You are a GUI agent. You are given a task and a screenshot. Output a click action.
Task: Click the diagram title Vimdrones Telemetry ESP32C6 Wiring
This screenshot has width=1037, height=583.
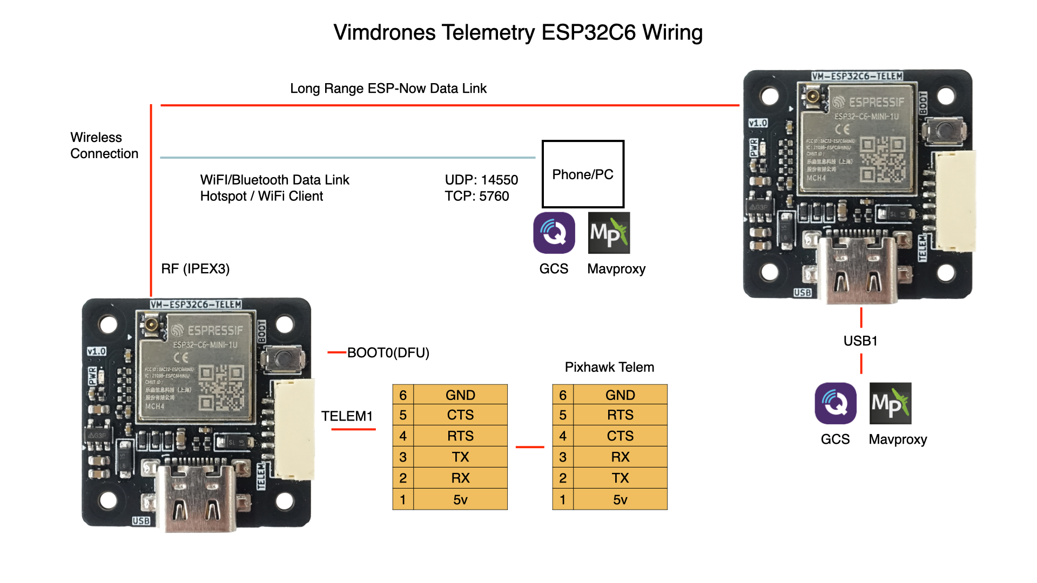pyautogui.click(x=517, y=32)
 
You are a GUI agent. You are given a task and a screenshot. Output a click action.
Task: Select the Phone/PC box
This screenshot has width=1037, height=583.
pyautogui.click(x=583, y=174)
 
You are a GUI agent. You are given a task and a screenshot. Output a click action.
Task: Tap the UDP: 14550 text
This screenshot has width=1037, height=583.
pyautogui.click(x=481, y=180)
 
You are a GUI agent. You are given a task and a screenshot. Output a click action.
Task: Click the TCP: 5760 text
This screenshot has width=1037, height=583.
pyautogui.click(x=476, y=196)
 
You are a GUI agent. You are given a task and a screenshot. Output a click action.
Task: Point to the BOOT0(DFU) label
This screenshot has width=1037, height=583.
pyautogui.click(x=388, y=352)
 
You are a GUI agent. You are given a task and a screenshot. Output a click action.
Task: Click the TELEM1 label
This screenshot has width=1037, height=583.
pyautogui.click(x=347, y=416)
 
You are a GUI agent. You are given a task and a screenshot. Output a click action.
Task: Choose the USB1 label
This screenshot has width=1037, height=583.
pyautogui.click(x=860, y=341)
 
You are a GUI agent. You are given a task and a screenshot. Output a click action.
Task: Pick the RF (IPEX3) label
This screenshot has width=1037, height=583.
pyautogui.click(x=195, y=269)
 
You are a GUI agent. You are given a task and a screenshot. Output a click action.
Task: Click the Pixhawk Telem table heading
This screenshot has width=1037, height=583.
pyautogui.click(x=609, y=367)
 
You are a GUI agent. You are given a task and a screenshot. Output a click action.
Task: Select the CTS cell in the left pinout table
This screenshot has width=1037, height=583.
pyautogui.click(x=460, y=415)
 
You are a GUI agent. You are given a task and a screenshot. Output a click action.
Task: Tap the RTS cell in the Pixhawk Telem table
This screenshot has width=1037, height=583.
pyautogui.click(x=620, y=415)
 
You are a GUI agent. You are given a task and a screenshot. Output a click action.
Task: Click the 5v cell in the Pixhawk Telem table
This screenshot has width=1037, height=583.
pyautogui.click(x=620, y=500)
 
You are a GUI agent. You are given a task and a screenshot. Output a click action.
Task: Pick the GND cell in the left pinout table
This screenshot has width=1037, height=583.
pyautogui.click(x=460, y=395)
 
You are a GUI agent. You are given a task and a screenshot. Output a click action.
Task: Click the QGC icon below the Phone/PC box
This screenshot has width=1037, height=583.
pyautogui.click(x=554, y=233)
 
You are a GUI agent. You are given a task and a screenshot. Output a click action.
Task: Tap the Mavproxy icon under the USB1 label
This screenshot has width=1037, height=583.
pyautogui.click(x=890, y=403)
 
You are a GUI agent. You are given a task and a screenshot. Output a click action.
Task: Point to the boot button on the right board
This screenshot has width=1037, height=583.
pyautogui.click(x=944, y=130)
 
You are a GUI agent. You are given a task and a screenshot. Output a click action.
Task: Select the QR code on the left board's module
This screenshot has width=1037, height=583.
pyautogui.click(x=221, y=387)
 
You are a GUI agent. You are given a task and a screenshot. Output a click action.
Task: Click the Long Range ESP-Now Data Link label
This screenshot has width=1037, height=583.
pyautogui.click(x=388, y=89)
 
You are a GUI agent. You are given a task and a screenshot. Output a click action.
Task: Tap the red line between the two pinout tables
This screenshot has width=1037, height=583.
pyautogui.click(x=530, y=447)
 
